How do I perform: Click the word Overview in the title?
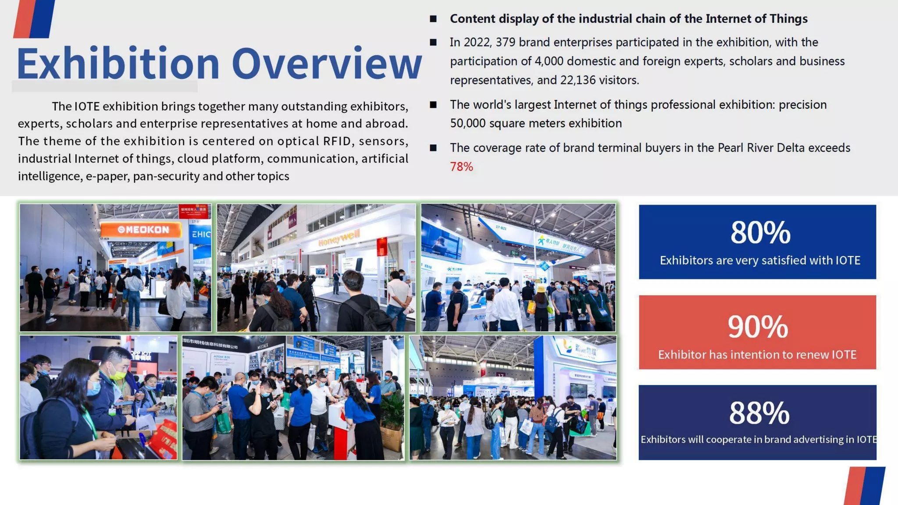326,64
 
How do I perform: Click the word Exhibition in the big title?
118,64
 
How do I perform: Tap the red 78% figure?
461,167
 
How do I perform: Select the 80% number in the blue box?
760,232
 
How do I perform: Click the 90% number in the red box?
757,327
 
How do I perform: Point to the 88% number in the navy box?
759,413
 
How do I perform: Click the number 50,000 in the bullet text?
467,124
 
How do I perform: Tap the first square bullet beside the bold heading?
433,19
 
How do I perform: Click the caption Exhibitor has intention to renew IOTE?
757,355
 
